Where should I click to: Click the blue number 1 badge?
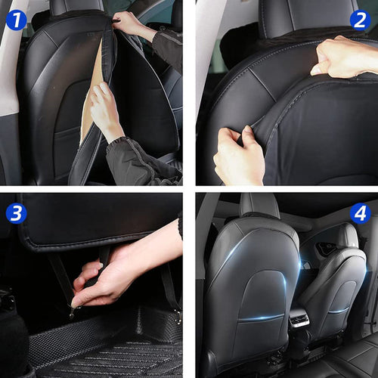tap(16, 18)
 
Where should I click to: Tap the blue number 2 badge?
tap(360, 19)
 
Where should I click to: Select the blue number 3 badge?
tap(16, 213)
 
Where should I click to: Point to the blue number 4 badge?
tap(360, 213)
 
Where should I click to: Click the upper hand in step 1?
tap(133, 25)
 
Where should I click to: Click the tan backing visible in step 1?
tap(91, 91)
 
